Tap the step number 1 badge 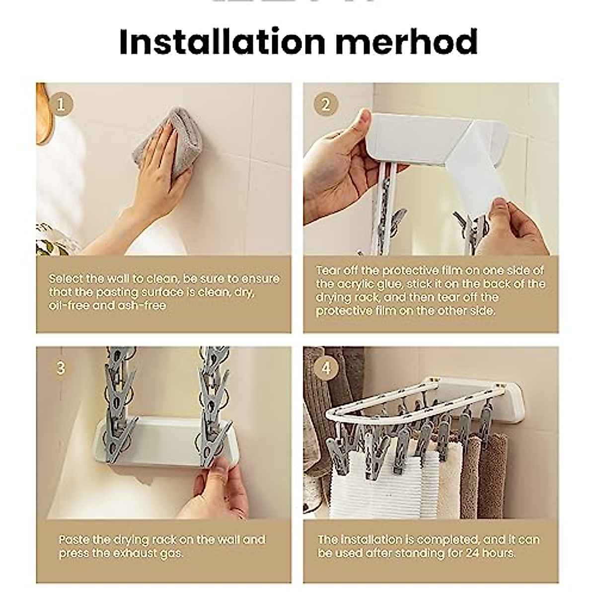[x=61, y=105]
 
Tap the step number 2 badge [x=326, y=105]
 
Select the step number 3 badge [x=61, y=368]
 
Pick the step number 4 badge [x=326, y=368]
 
